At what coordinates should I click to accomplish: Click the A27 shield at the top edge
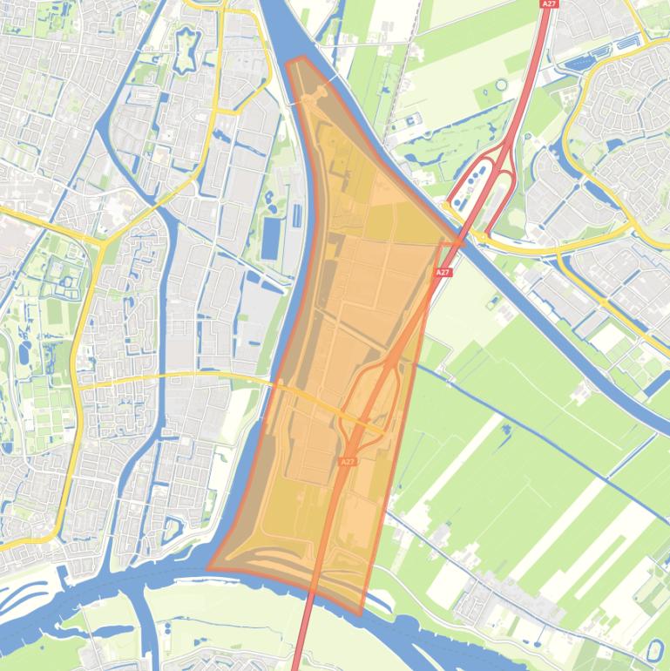coord(548,4)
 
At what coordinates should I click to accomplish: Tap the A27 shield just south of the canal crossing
coord(443,273)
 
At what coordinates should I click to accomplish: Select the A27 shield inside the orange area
coord(348,462)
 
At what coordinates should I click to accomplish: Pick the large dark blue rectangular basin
coord(272,238)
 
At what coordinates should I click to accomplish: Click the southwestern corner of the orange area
coord(208,567)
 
